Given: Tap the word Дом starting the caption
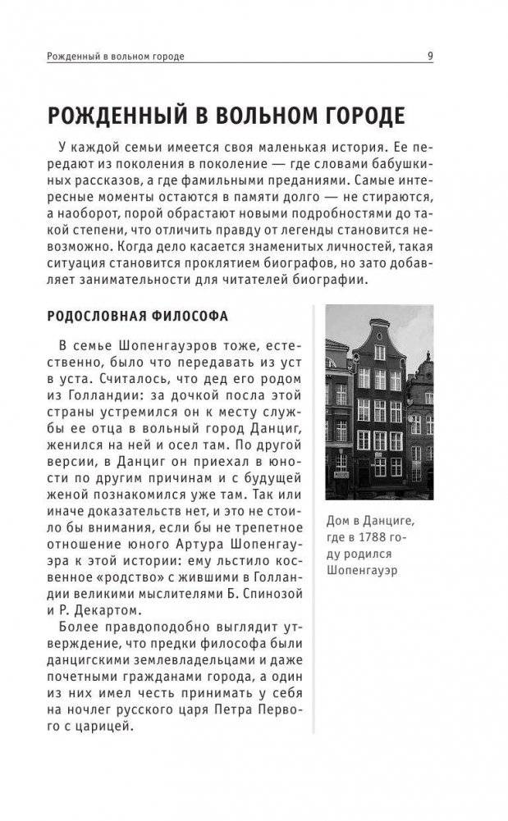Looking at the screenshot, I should pos(338,520).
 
